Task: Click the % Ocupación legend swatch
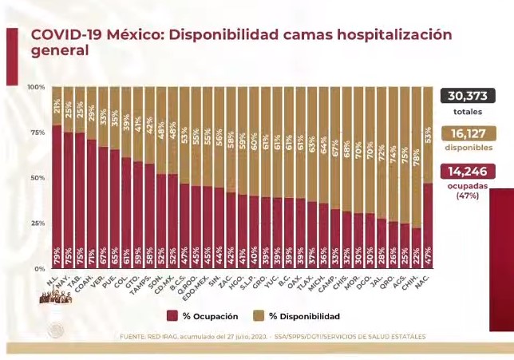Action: (174, 316)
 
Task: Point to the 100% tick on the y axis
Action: (35, 87)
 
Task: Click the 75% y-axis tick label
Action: (37, 133)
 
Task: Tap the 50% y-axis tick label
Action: (37, 178)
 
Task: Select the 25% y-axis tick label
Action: (37, 224)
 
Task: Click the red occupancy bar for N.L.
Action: (57, 192)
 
